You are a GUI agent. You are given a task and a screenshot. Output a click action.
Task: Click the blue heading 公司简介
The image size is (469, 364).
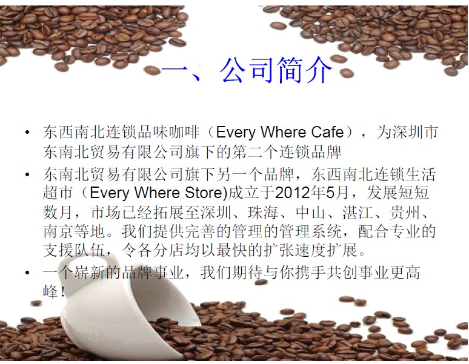click(x=276, y=70)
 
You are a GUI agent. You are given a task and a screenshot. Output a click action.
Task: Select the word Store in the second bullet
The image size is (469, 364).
click(x=204, y=192)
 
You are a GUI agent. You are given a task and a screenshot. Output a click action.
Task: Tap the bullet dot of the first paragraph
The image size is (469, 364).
click(x=27, y=132)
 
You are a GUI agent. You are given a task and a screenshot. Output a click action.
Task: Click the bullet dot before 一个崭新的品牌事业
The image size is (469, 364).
click(x=27, y=273)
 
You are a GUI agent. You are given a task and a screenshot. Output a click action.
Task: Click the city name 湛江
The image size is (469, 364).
click(x=358, y=212)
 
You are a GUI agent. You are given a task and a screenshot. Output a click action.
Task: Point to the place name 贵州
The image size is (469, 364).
click(x=405, y=212)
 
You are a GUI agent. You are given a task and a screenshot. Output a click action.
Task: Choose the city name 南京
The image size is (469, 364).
click(x=58, y=231)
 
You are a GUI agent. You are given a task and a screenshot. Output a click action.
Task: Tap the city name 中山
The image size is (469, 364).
click(x=310, y=212)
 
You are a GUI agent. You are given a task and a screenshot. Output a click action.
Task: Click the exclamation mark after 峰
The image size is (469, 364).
click(x=62, y=292)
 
